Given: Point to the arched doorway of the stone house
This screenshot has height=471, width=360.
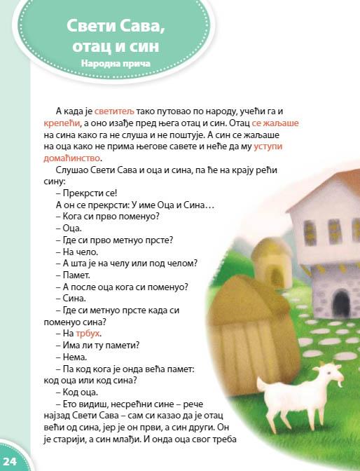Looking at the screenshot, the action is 341,302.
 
